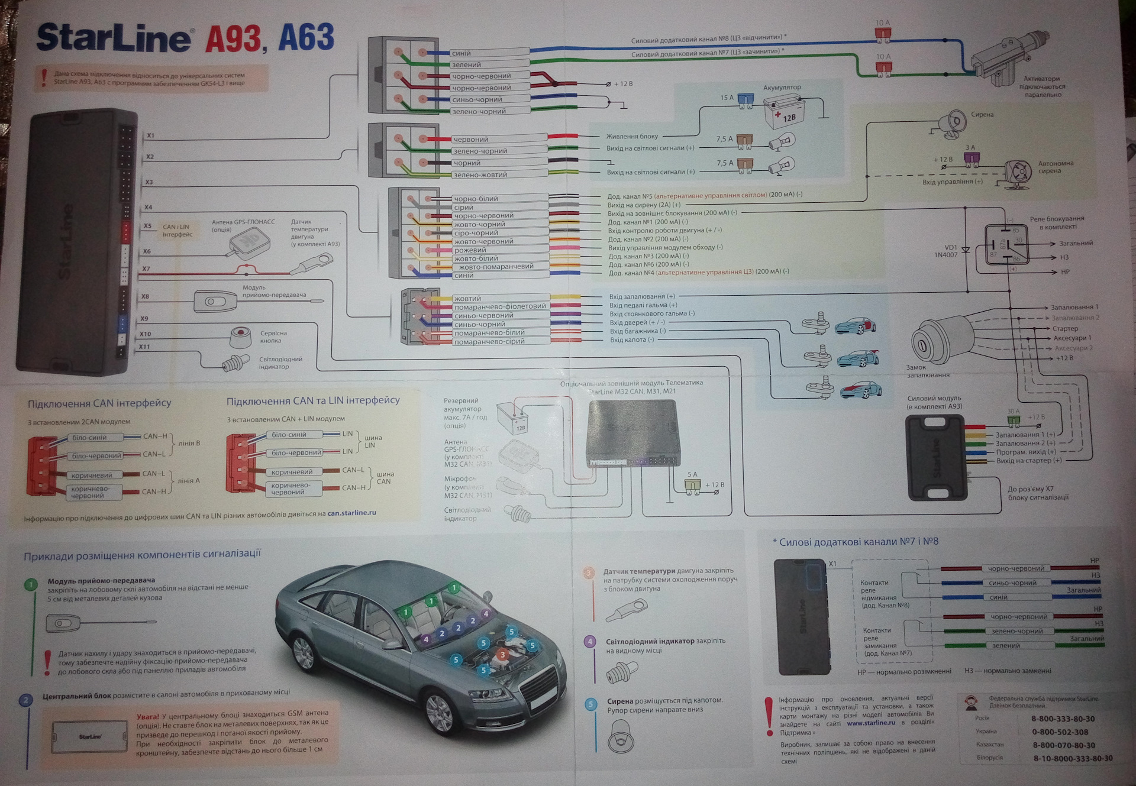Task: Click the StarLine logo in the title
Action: [x=114, y=38]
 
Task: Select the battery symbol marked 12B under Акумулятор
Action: [x=782, y=112]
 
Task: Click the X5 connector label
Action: [x=147, y=226]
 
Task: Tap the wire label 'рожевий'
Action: [x=470, y=250]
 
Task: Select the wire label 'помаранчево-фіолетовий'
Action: [x=500, y=306]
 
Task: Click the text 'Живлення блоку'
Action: [x=632, y=137]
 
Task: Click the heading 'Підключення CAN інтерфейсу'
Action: [x=99, y=403]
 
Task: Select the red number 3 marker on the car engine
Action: [x=502, y=654]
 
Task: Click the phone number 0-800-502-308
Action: [x=1060, y=732]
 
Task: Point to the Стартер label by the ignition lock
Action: [x=1065, y=329]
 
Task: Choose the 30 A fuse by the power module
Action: [x=1014, y=420]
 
